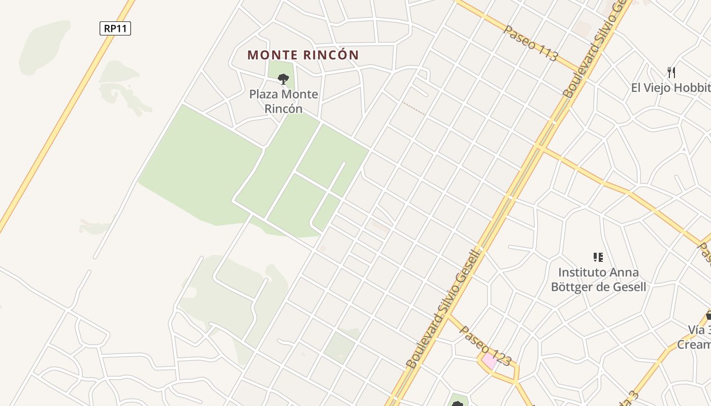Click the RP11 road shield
(x=115, y=28)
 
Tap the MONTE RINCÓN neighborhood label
(x=303, y=55)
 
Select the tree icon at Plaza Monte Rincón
(x=283, y=79)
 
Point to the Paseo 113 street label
(x=530, y=43)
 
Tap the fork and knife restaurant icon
(x=671, y=73)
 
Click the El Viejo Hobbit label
(x=670, y=88)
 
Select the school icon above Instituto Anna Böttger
(x=598, y=257)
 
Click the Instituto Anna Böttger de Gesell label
(x=598, y=280)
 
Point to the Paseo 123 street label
(x=485, y=346)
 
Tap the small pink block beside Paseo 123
(x=489, y=361)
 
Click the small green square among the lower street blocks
(x=339, y=348)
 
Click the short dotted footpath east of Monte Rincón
(x=414, y=108)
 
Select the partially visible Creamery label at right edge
(x=694, y=345)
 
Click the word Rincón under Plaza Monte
(x=283, y=109)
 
